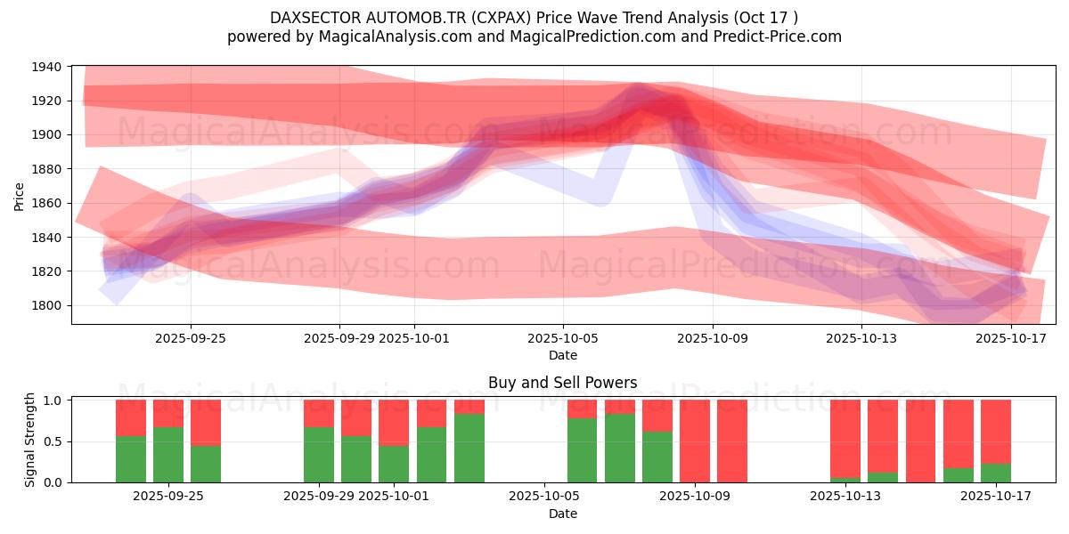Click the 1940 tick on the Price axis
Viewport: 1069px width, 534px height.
click(x=47, y=67)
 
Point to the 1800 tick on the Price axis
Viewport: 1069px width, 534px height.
click(x=47, y=305)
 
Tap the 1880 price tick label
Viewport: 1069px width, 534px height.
click(x=47, y=169)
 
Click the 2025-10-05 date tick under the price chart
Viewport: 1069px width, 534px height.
click(x=562, y=338)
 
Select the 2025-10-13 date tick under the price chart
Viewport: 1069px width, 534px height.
click(x=861, y=338)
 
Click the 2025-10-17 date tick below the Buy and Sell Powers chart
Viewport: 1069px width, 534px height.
click(x=995, y=496)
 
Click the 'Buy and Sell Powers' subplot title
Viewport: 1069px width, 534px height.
click(x=562, y=383)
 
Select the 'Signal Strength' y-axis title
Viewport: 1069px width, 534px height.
click(x=30, y=441)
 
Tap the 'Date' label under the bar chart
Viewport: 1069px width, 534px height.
click(x=562, y=514)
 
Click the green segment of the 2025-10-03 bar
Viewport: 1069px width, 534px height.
click(x=469, y=448)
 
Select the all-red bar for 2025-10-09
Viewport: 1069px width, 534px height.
click(x=732, y=441)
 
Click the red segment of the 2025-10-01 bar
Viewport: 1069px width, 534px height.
click(x=394, y=422)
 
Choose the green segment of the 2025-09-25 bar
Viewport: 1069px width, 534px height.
click(x=206, y=464)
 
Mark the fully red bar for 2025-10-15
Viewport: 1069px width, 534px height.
click(x=920, y=441)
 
